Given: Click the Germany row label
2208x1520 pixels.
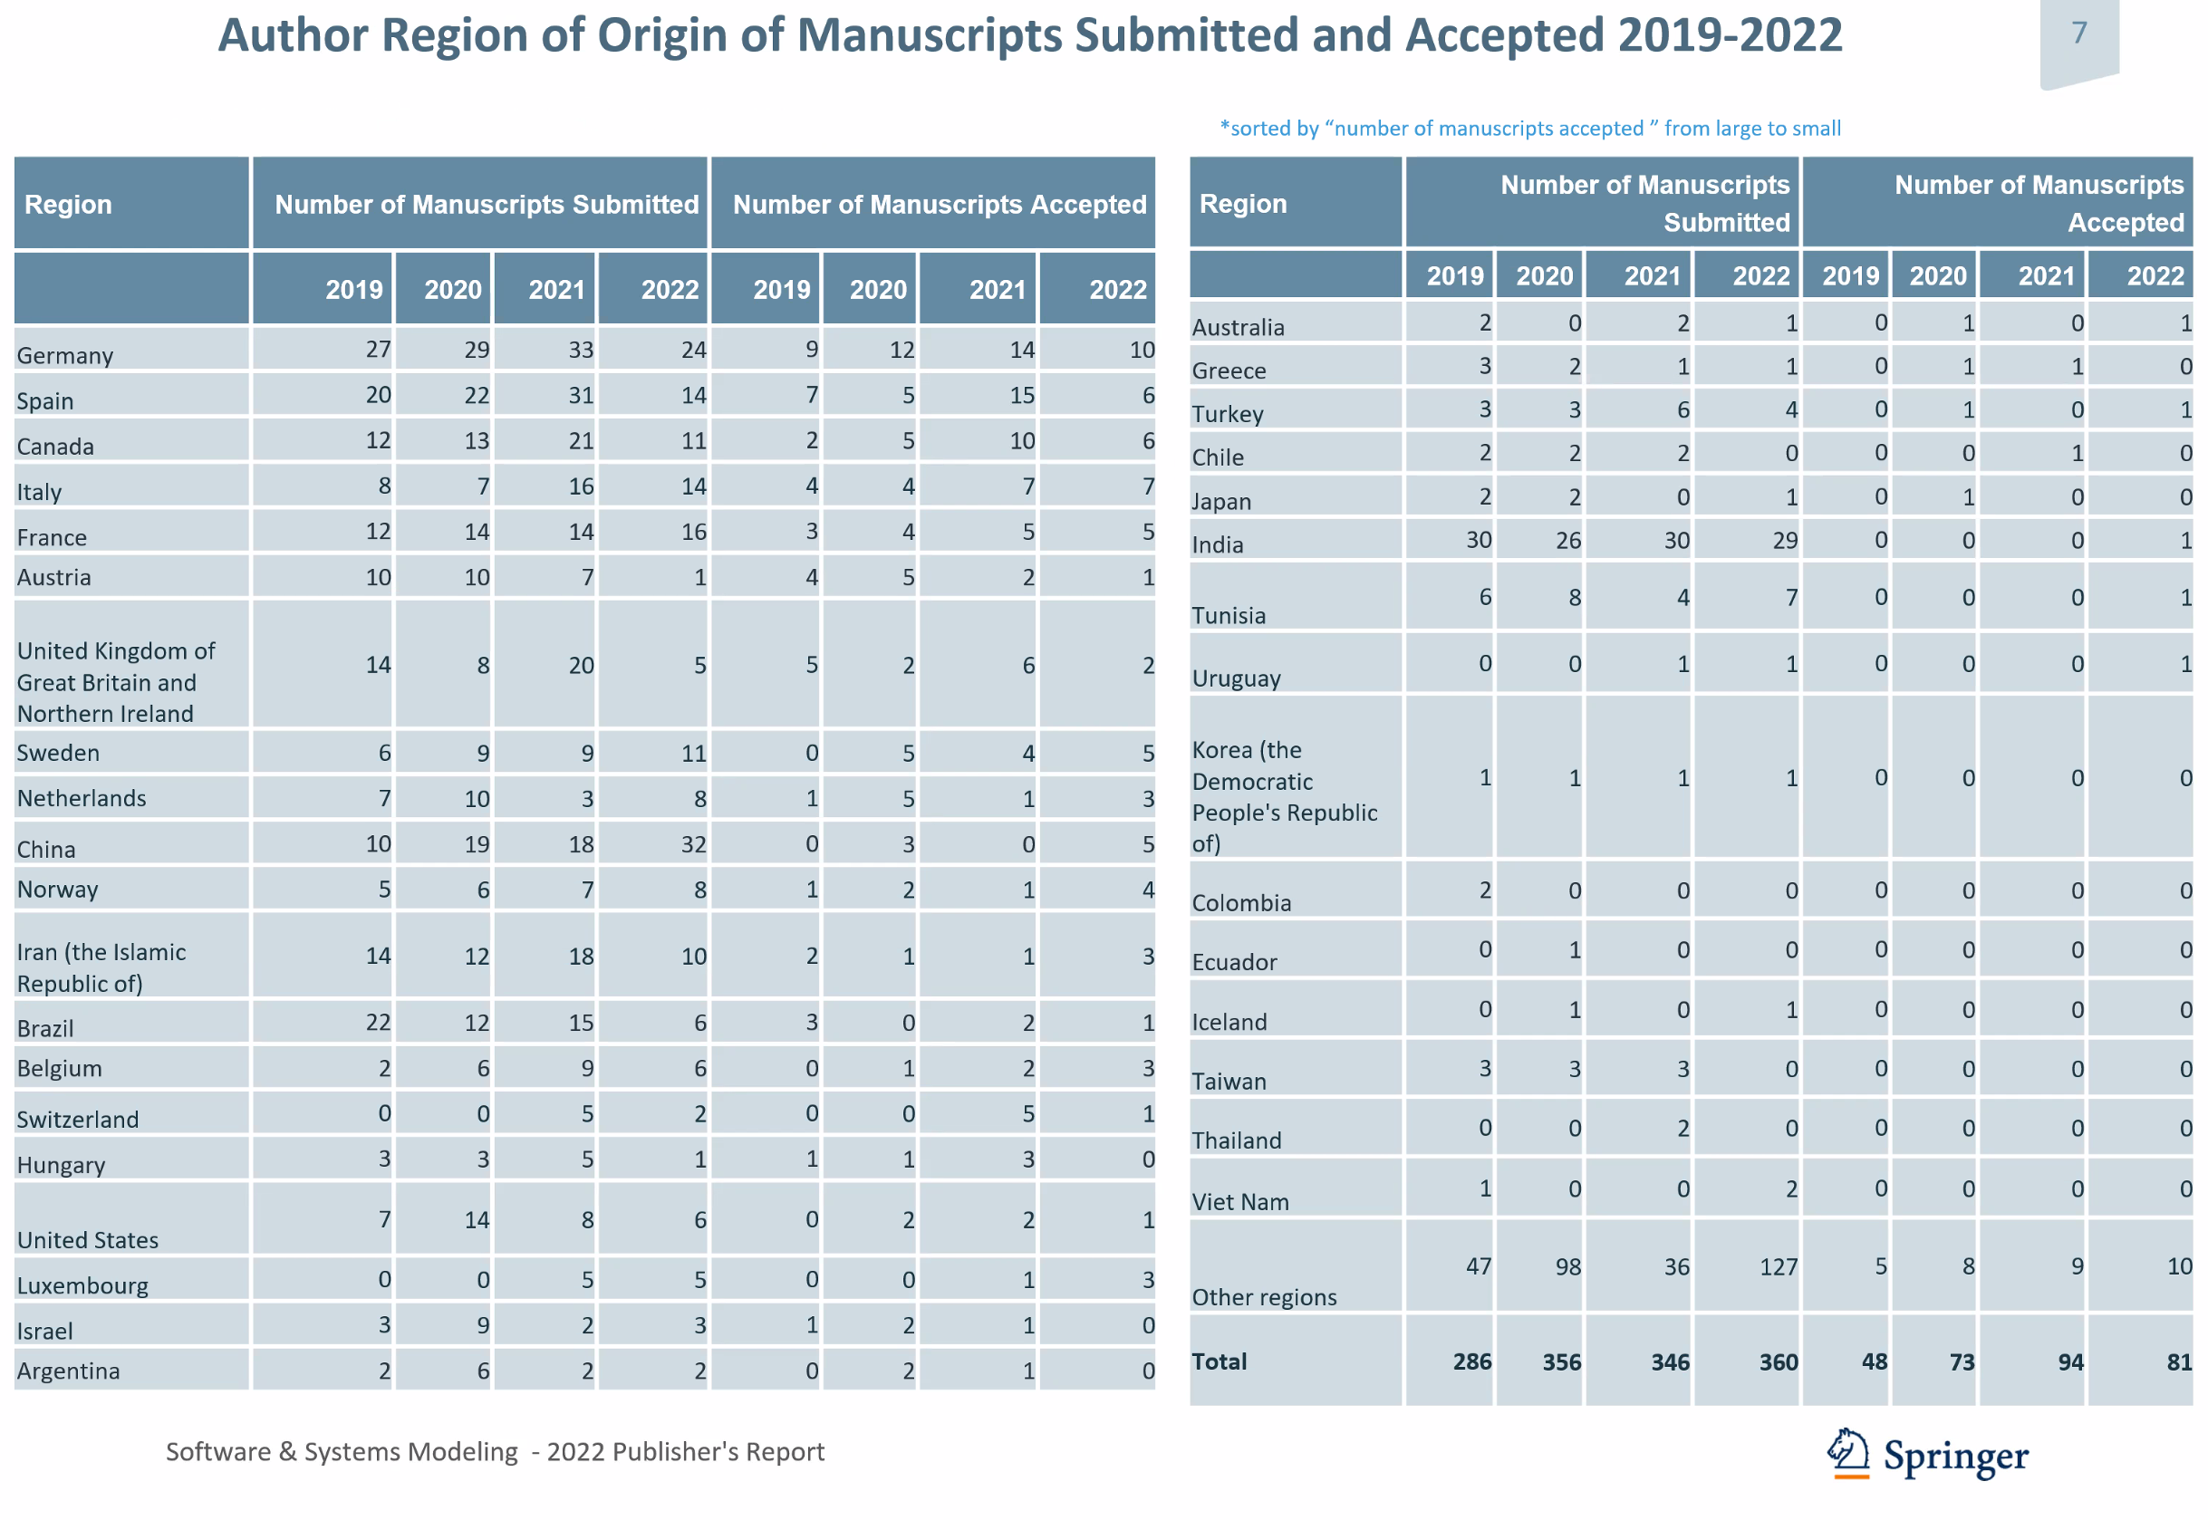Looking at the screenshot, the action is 64,356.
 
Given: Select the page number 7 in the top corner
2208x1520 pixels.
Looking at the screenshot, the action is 2078,34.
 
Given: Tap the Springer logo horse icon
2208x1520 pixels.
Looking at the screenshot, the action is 1847,1453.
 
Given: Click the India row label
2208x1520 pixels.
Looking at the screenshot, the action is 1218,544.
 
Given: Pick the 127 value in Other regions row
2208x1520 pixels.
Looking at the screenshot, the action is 1778,1267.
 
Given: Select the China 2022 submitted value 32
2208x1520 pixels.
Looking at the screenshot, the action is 693,845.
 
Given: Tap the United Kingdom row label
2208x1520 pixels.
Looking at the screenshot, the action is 116,683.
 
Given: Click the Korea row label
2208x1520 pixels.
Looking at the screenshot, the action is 1284,797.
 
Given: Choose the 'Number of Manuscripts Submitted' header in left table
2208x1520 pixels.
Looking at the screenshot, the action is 487,205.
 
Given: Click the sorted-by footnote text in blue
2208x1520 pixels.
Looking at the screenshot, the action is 1529,129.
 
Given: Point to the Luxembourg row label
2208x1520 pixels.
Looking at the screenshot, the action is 82,1286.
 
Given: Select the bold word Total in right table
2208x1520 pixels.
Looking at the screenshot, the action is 1220,1361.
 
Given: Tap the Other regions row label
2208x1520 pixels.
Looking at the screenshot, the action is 1264,1298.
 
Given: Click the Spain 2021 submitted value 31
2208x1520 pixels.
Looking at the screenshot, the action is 581,396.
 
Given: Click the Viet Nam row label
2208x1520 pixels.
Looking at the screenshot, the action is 1240,1203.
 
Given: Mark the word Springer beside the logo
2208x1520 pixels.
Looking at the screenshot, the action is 1955,1457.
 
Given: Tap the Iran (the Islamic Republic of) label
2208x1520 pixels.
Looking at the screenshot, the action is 101,967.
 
